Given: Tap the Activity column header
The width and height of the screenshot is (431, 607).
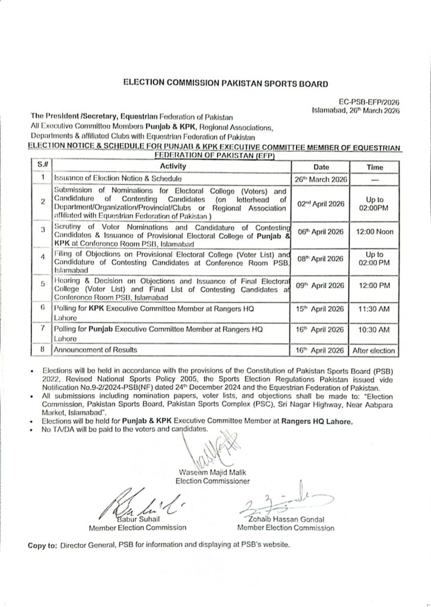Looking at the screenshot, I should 173,167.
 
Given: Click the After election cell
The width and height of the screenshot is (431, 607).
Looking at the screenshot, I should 374,351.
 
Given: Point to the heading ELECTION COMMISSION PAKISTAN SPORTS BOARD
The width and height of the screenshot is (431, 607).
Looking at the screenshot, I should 216,84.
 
